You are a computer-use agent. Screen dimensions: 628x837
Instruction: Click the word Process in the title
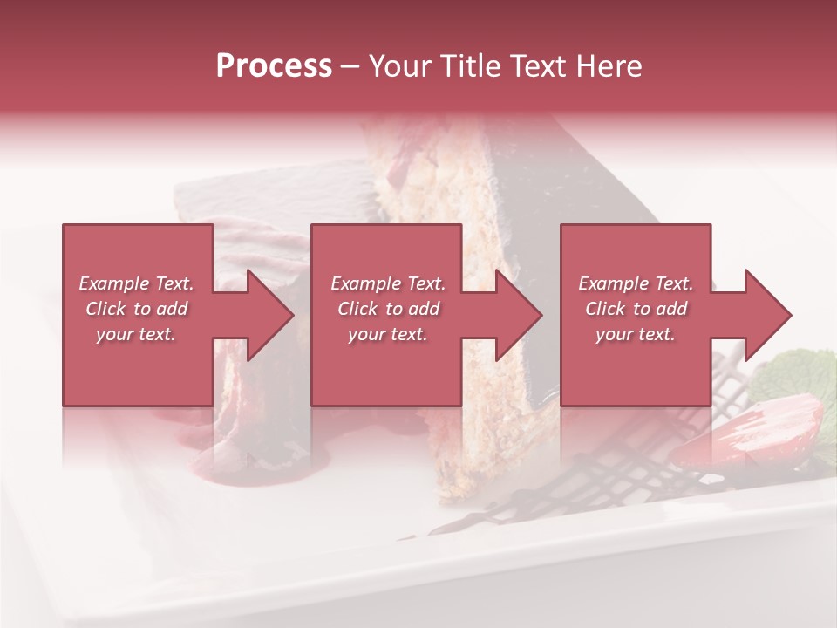(x=274, y=66)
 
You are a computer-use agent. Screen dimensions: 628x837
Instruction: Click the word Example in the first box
(x=113, y=283)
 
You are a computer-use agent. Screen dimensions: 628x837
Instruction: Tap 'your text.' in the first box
(x=136, y=334)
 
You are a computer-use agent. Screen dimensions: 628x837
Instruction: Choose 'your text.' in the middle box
(x=387, y=334)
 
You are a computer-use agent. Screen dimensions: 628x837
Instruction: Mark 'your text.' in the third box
(x=636, y=334)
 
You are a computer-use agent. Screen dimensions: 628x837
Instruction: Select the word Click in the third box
(x=606, y=309)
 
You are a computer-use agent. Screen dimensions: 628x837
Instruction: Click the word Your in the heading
(x=397, y=66)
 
